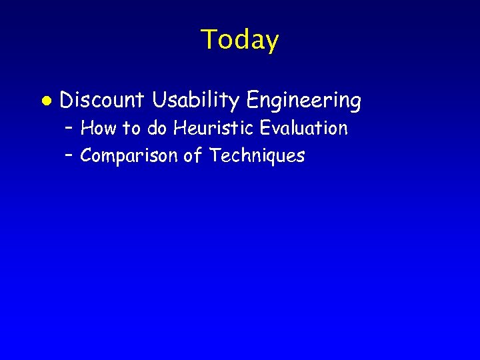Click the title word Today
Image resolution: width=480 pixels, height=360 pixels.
pyautogui.click(x=240, y=40)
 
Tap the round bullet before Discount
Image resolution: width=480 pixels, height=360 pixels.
pyautogui.click(x=45, y=101)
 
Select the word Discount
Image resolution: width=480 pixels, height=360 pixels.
pyautogui.click(x=102, y=101)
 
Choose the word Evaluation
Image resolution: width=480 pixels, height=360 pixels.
pyautogui.click(x=304, y=128)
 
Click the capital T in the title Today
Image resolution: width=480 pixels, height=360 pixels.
pyautogui.click(x=208, y=39)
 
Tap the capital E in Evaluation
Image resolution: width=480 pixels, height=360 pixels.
pyautogui.click(x=266, y=128)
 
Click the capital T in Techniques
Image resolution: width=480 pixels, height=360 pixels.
pyautogui.click(x=215, y=156)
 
